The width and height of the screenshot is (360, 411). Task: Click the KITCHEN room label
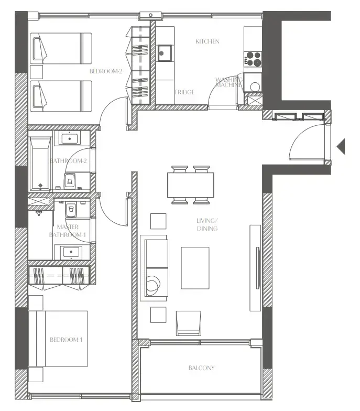207,41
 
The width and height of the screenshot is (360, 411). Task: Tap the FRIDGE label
184,92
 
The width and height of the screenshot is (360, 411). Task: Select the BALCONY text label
201,368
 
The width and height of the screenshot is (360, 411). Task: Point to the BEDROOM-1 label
66,340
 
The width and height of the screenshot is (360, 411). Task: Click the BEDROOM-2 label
106,71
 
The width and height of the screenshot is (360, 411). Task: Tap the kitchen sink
165,52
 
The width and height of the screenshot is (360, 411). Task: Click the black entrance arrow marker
341,146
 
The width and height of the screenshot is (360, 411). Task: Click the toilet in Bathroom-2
71,181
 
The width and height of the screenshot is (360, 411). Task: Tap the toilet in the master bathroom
71,209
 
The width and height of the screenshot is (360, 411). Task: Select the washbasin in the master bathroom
70,253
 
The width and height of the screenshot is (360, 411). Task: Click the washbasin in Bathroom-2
70,138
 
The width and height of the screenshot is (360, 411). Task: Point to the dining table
191,185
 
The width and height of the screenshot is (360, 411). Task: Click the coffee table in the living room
195,267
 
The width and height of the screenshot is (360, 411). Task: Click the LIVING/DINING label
207,225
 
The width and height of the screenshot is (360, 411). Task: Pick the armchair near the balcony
188,322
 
